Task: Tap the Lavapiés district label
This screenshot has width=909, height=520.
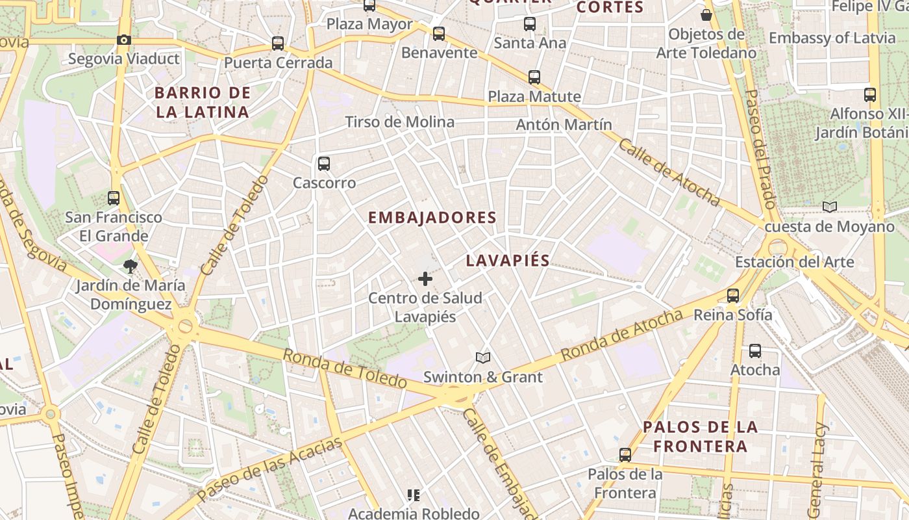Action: click(508, 261)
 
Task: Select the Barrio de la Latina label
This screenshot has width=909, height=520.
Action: click(203, 102)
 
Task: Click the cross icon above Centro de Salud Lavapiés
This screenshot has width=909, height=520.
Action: click(425, 279)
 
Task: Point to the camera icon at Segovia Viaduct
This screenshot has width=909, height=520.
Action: click(124, 40)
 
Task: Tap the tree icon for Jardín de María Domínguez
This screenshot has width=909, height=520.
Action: click(130, 266)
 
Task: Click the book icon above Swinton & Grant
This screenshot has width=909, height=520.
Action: click(482, 357)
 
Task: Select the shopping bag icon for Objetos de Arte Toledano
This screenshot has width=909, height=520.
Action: click(706, 14)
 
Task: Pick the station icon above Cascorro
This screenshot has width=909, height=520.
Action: click(324, 164)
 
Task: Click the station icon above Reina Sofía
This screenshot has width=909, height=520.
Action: click(733, 296)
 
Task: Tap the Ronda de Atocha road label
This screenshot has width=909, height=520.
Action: click(622, 335)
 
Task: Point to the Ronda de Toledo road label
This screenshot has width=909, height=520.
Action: click(345, 368)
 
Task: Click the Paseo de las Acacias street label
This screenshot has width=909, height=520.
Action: click(269, 469)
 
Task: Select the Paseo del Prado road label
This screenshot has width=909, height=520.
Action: click(760, 149)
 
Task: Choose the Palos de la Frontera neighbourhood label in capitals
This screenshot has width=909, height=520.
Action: click(700, 436)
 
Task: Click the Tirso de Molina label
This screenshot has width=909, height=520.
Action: click(399, 122)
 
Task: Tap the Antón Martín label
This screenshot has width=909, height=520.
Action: click(564, 124)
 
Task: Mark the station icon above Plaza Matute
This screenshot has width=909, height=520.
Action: click(534, 77)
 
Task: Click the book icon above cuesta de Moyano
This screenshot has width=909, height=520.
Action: click(829, 207)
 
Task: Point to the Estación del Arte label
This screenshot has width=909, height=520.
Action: click(794, 263)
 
